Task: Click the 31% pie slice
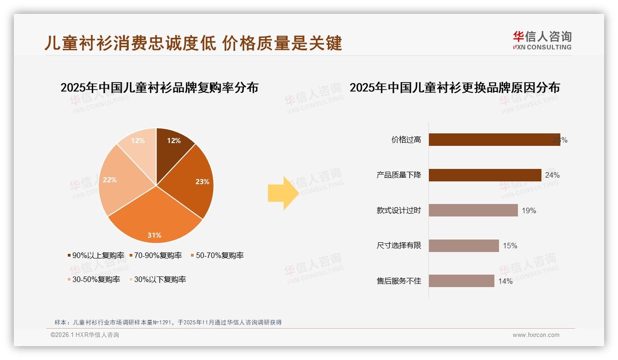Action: (x=154, y=222)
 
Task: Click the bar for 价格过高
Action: (x=494, y=140)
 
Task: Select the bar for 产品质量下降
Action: (x=485, y=175)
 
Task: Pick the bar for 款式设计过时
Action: (x=473, y=210)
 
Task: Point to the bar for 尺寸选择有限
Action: (x=463, y=246)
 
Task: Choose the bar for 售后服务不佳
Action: (x=461, y=281)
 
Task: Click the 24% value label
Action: (x=552, y=175)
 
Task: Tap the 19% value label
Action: (x=529, y=211)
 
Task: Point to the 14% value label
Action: (x=505, y=281)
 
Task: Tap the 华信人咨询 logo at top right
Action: (x=542, y=40)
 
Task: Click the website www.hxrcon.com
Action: (x=536, y=335)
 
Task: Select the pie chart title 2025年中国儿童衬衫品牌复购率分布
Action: (x=159, y=87)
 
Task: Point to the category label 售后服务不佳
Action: (x=398, y=281)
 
